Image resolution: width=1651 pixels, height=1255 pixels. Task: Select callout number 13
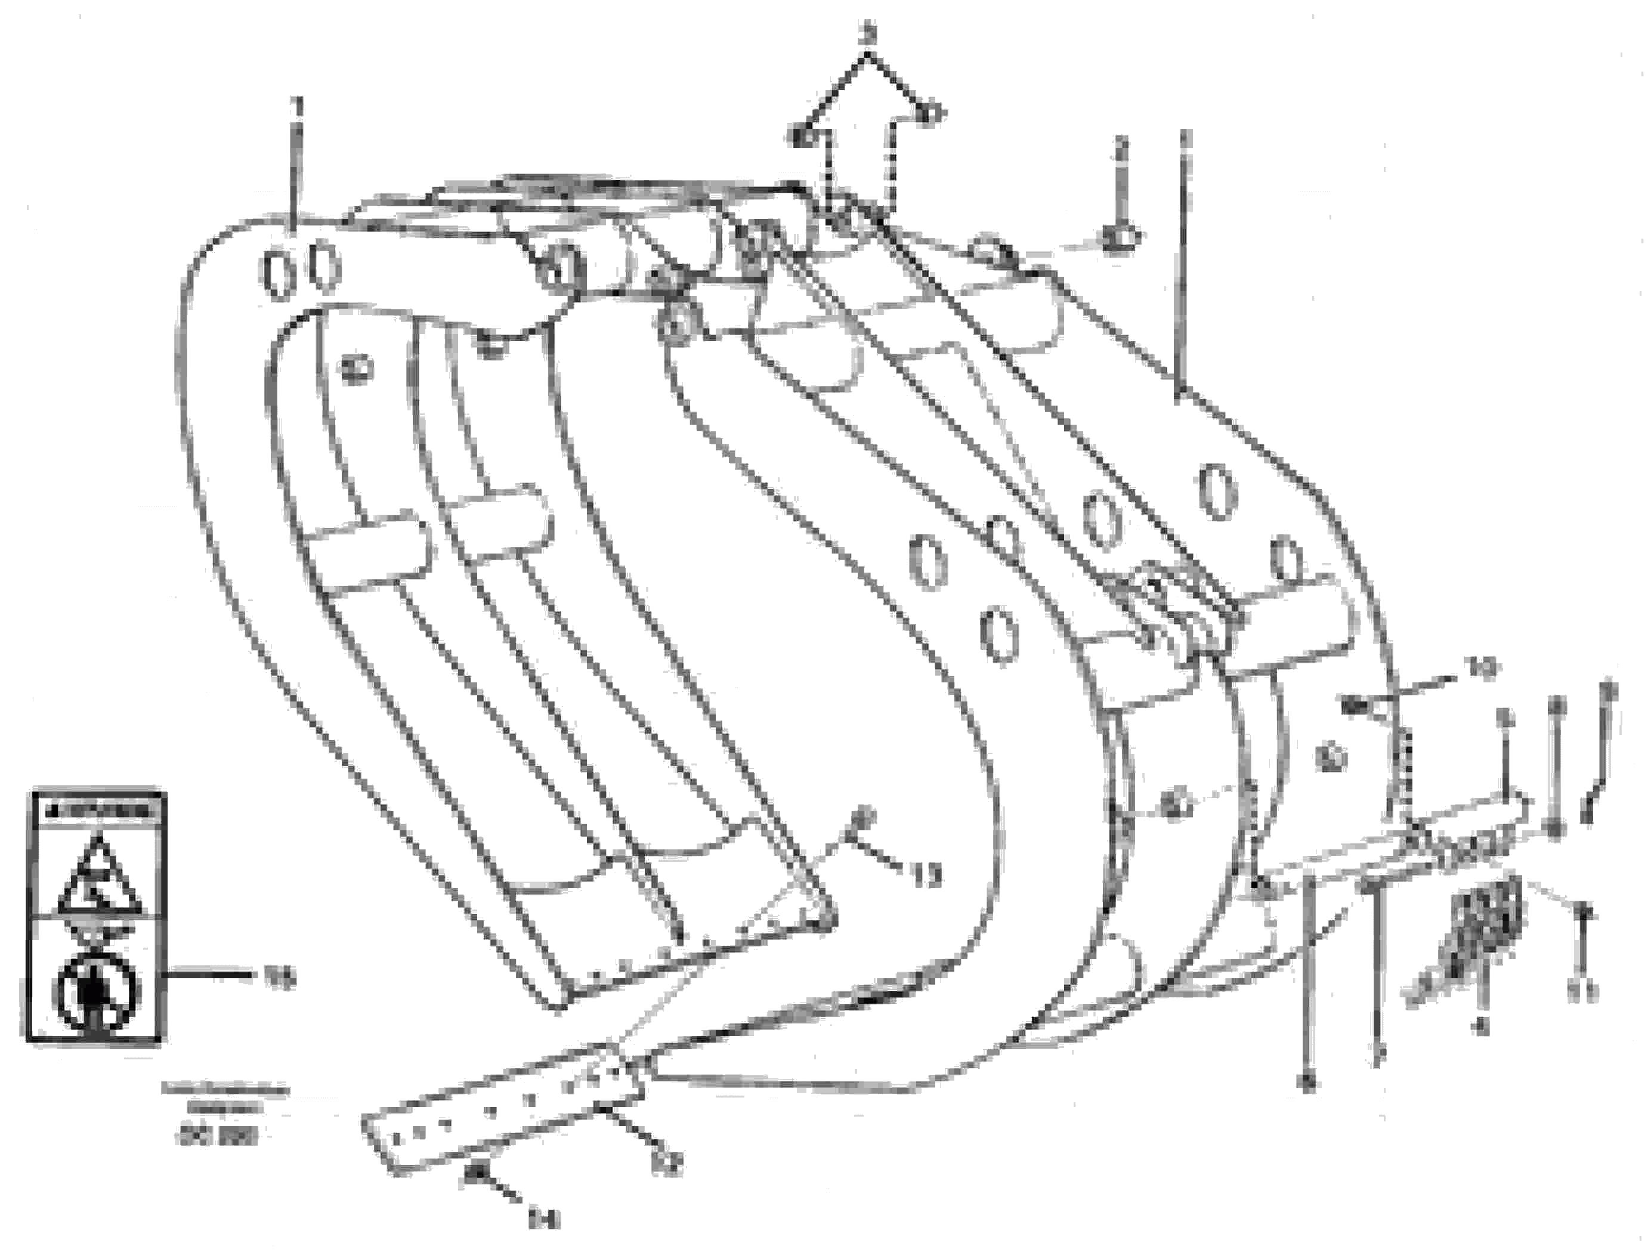point(926,875)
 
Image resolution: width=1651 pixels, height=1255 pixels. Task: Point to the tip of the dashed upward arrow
point(867,52)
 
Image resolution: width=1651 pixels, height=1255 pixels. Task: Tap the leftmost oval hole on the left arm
point(276,276)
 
